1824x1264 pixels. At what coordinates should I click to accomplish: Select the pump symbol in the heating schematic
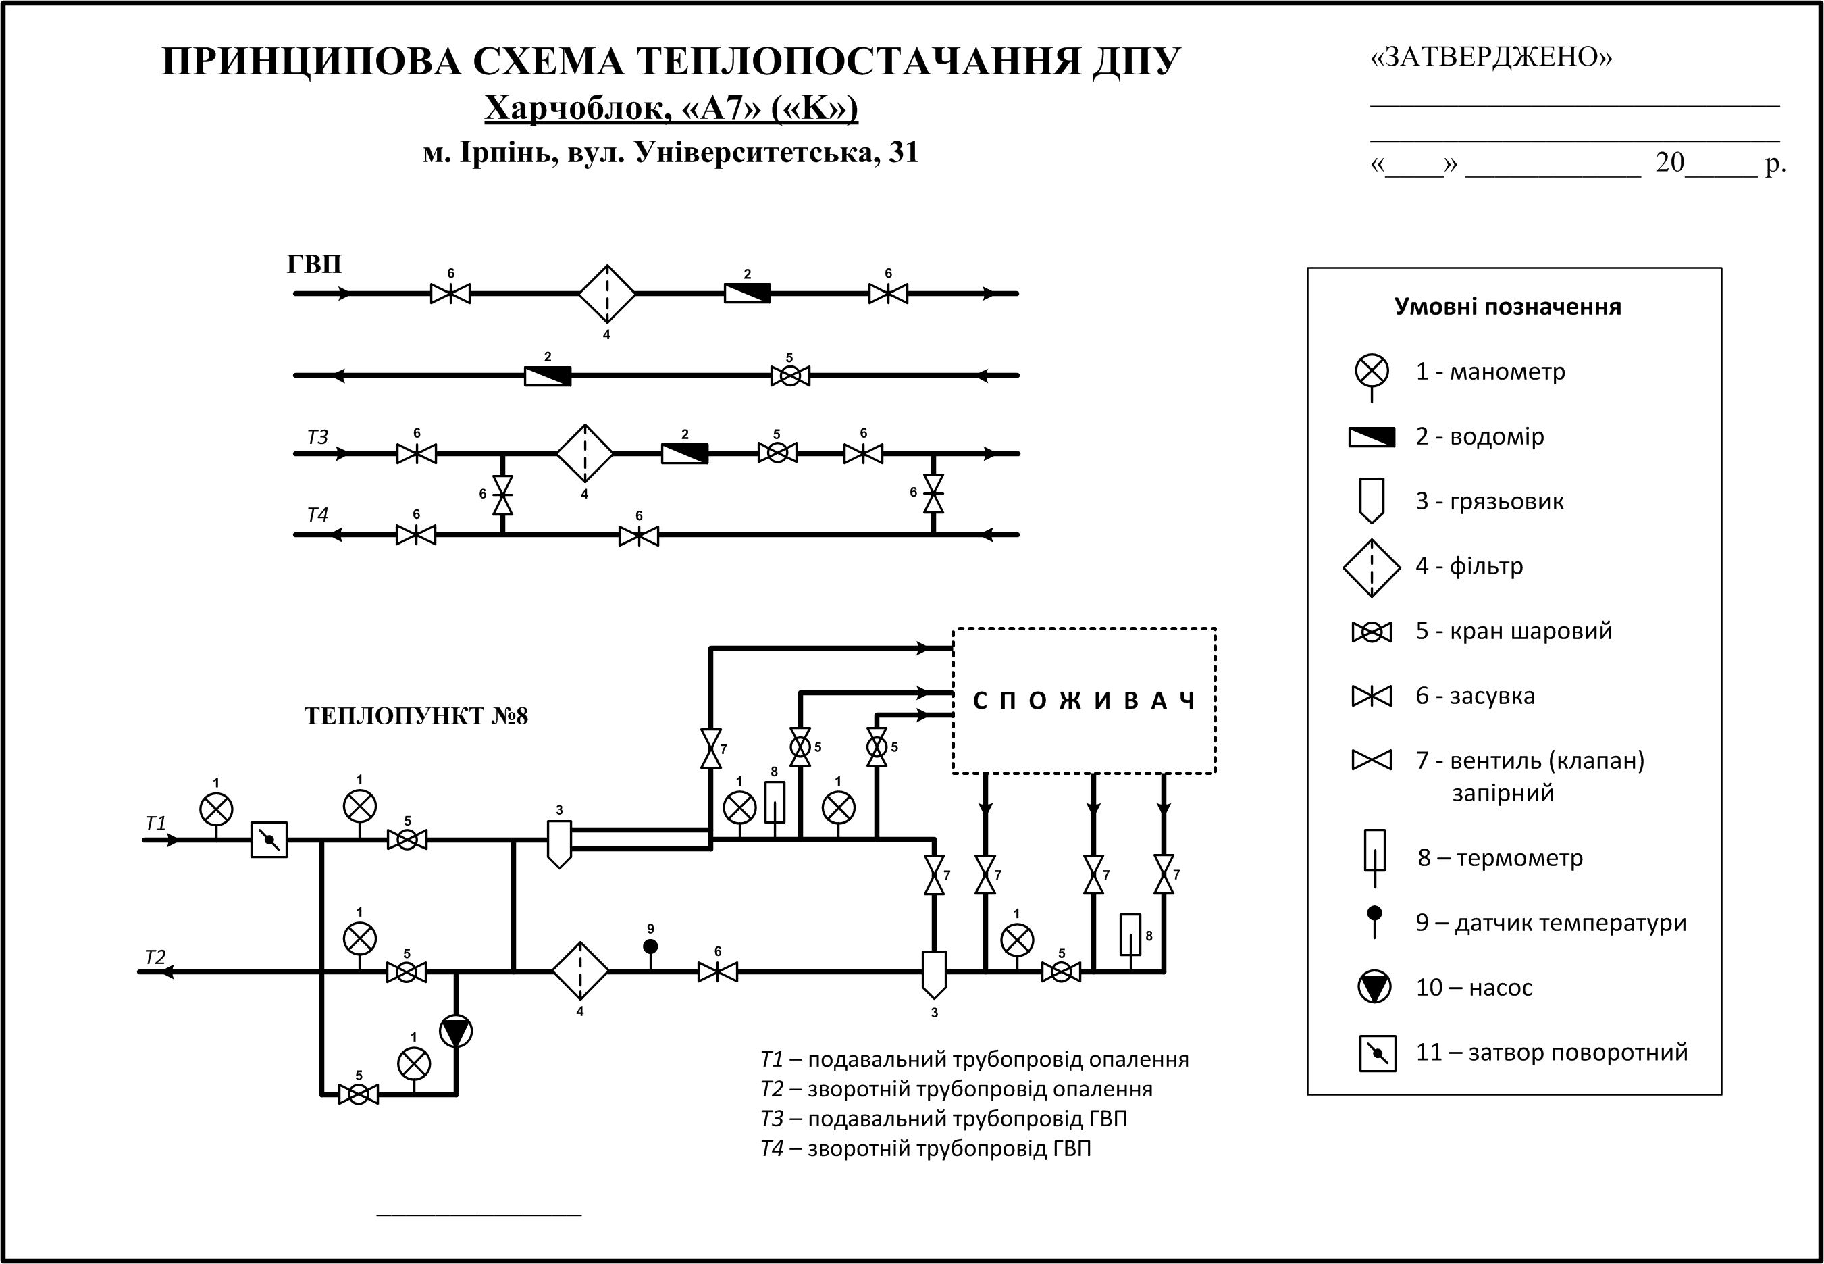click(x=456, y=1031)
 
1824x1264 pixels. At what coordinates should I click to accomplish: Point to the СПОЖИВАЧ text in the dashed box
click(x=1084, y=701)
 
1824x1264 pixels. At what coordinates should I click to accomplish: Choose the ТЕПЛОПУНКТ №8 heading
click(x=415, y=716)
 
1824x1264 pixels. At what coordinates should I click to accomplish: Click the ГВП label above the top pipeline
click(x=314, y=263)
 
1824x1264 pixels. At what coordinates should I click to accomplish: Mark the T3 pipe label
click(x=317, y=437)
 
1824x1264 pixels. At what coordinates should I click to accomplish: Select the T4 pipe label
click(x=317, y=515)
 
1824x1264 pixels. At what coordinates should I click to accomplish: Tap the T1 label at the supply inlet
click(x=156, y=824)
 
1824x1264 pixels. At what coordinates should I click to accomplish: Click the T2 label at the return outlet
click(x=155, y=957)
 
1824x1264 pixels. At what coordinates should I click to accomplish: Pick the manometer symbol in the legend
click(x=1372, y=371)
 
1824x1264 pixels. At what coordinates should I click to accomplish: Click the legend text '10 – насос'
click(x=1474, y=988)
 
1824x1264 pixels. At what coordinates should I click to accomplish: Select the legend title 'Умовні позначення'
click(x=1507, y=307)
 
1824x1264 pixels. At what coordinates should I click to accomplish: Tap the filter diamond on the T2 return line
click(x=580, y=971)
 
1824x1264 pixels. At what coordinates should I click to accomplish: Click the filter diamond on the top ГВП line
click(x=607, y=294)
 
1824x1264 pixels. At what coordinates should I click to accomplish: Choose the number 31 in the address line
click(x=904, y=152)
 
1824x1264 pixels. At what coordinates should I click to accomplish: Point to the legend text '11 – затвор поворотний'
click(x=1552, y=1053)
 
